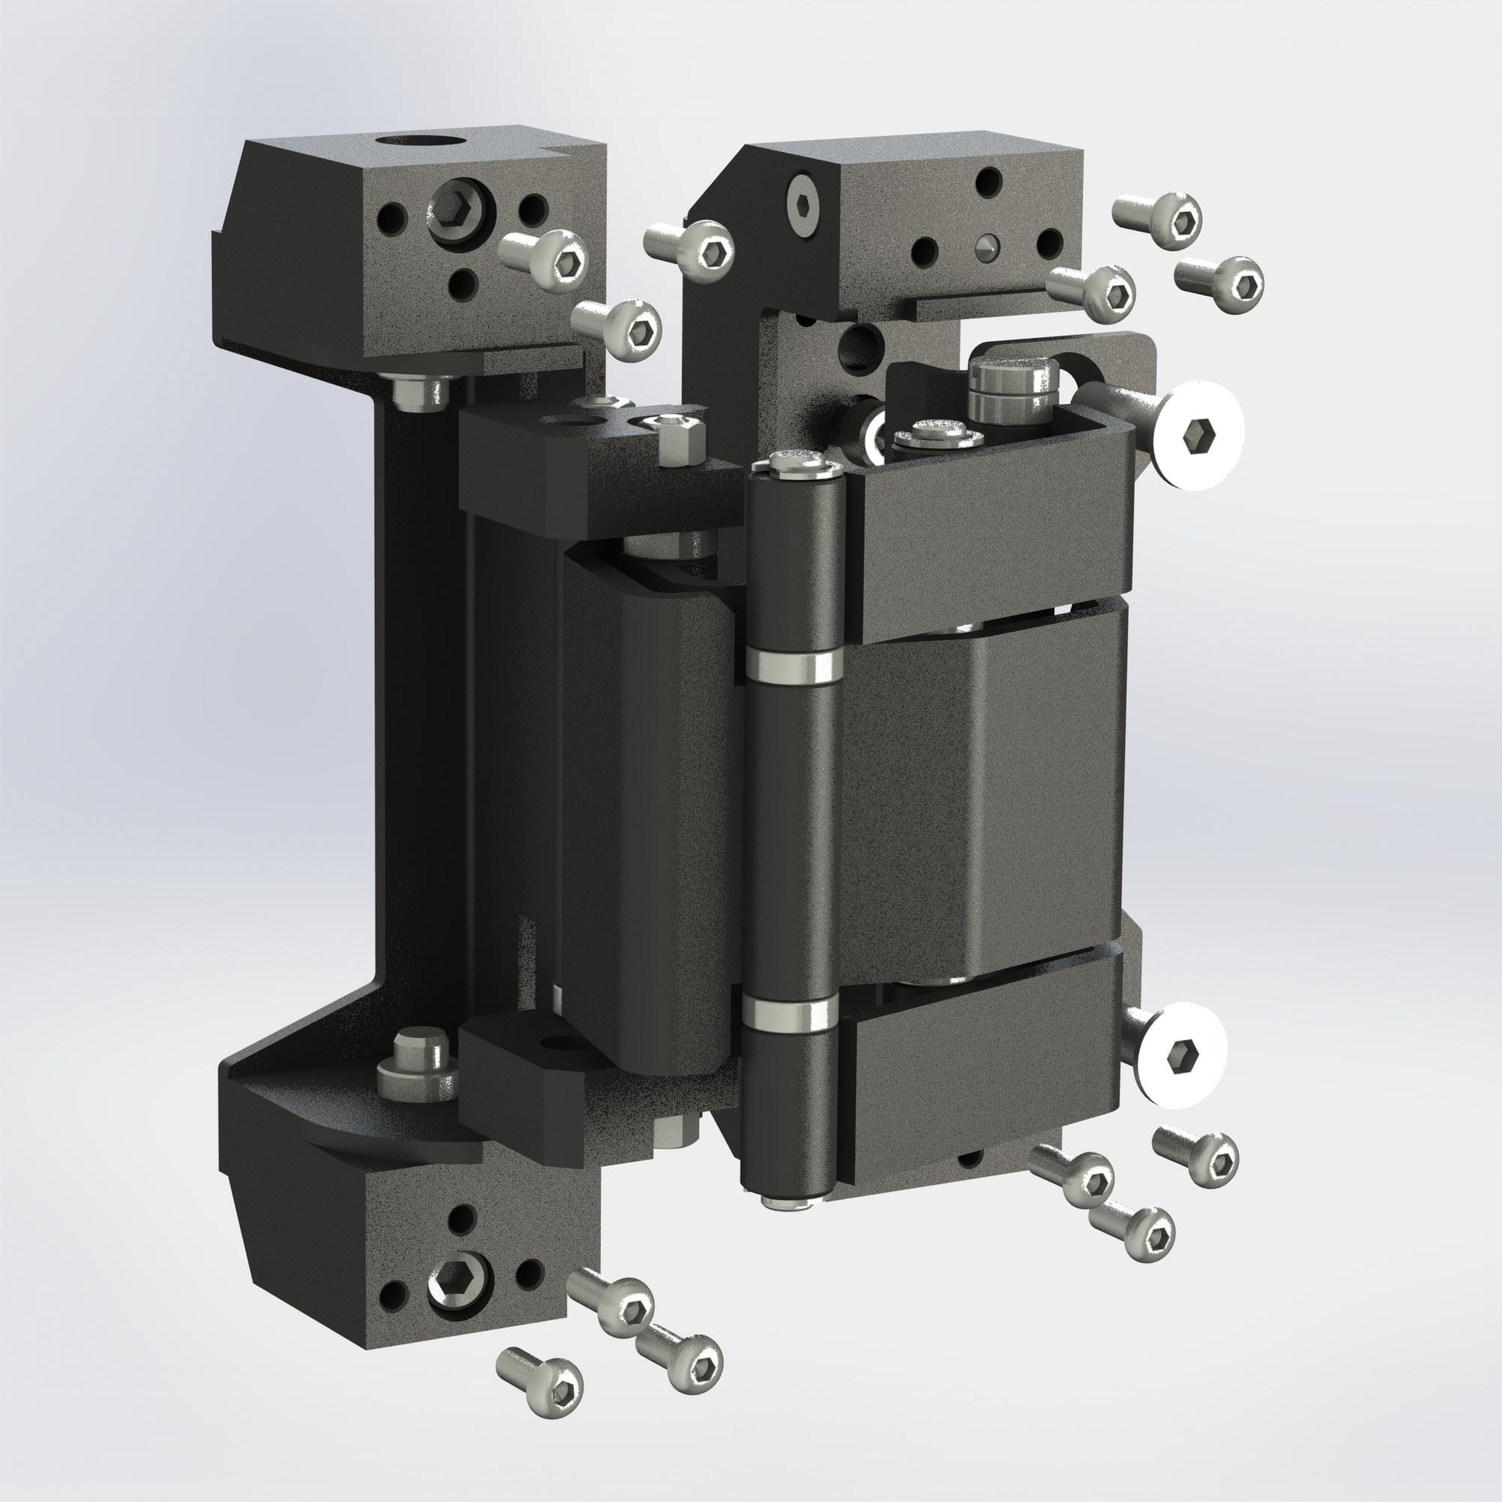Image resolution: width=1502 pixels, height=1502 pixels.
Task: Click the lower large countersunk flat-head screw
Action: tap(1177, 1055)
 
